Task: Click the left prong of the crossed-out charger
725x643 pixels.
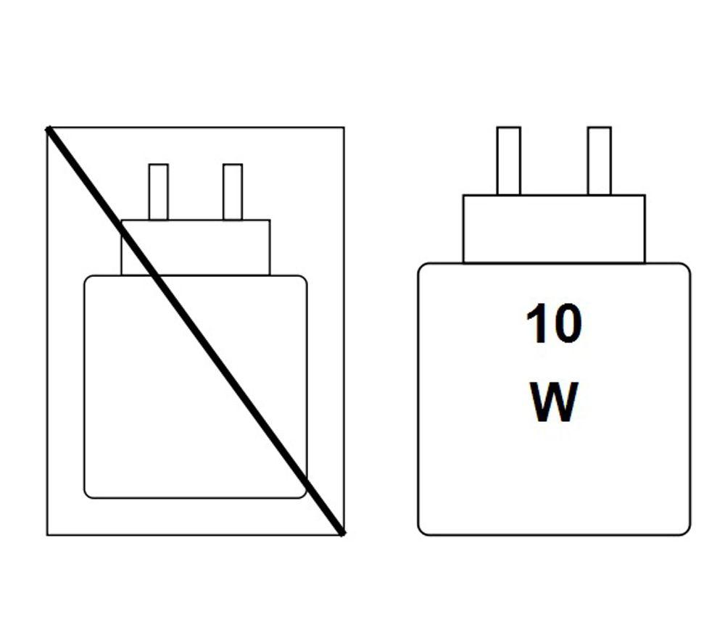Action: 159,192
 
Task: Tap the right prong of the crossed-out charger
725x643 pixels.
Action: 233,192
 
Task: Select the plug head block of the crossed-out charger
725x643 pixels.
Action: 196,248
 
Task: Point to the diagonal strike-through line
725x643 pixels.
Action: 195,331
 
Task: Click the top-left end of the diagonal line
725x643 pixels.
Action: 48,129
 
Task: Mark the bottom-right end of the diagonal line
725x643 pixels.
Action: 343,534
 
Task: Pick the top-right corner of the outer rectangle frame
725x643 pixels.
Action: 344,127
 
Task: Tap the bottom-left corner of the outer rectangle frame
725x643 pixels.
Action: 47,535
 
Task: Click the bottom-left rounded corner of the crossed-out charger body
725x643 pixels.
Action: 87,496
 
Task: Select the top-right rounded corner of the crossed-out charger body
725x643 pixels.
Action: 304,278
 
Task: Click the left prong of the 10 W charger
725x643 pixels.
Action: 509,161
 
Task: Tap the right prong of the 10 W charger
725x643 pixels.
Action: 600,161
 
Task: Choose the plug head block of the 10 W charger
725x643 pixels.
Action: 554,229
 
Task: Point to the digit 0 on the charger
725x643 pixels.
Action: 567,324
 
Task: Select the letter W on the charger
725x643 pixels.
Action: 553,402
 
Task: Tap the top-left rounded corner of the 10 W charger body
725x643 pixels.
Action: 421,267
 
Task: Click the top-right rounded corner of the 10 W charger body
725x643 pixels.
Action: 687,267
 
